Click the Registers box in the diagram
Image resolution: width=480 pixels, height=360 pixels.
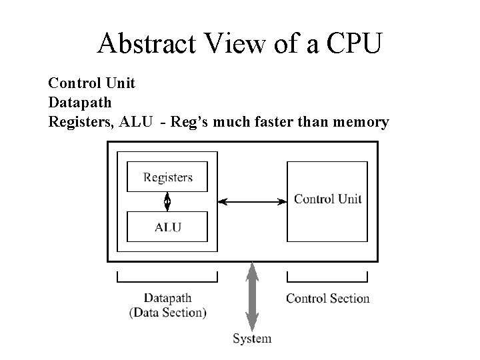point(167,177)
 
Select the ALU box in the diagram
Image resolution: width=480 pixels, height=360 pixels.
point(167,227)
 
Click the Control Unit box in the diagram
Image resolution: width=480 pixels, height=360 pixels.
point(327,199)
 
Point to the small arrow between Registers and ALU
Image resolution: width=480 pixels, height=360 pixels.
point(167,201)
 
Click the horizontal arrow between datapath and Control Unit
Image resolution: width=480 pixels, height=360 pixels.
point(252,201)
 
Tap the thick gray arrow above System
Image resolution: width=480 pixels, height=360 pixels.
point(252,296)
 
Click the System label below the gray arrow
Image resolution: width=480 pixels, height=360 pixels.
point(252,339)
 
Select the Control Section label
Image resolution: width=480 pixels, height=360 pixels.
point(327,298)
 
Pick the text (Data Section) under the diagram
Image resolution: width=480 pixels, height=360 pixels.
point(167,312)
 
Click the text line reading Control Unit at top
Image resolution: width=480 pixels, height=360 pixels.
point(91,83)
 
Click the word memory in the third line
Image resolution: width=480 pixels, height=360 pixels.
point(360,122)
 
